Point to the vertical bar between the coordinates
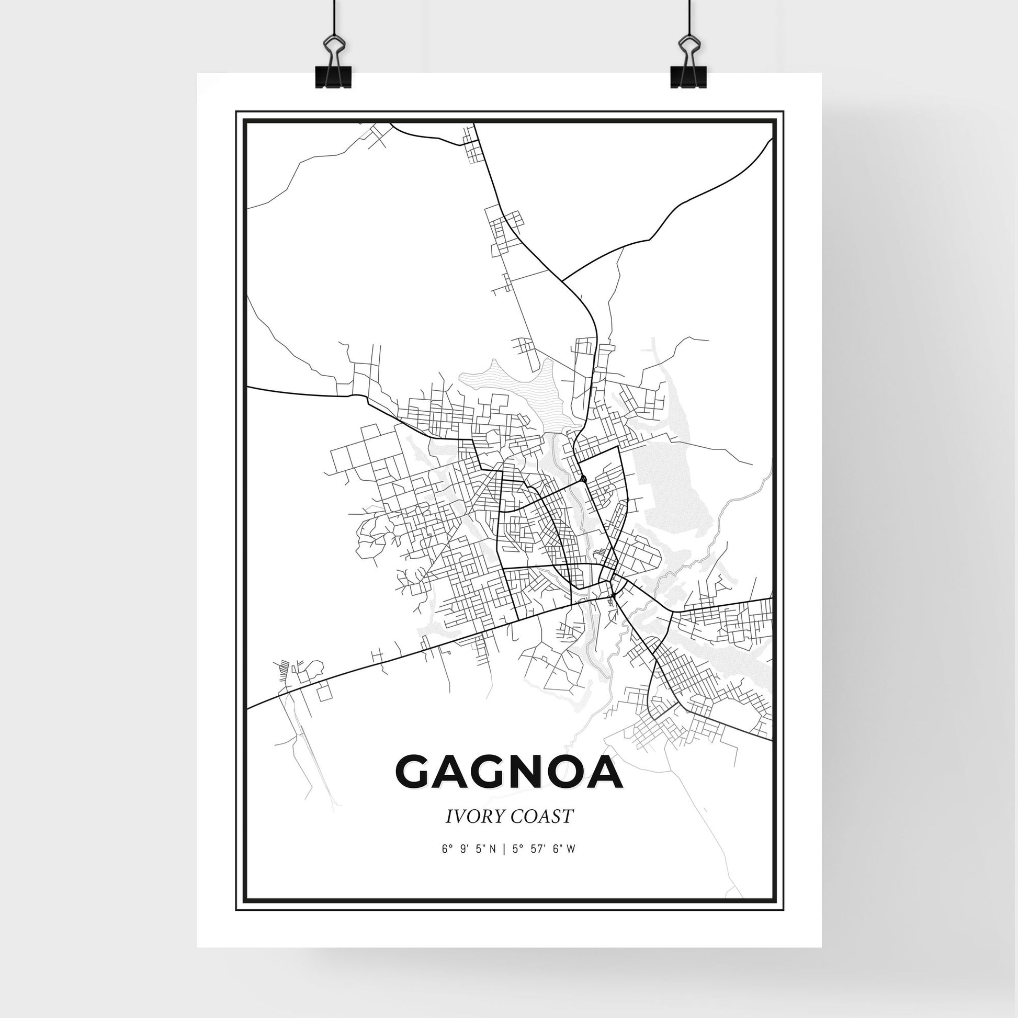tap(505, 864)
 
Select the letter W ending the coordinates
tap(571, 864)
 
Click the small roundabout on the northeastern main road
tap(584, 479)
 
